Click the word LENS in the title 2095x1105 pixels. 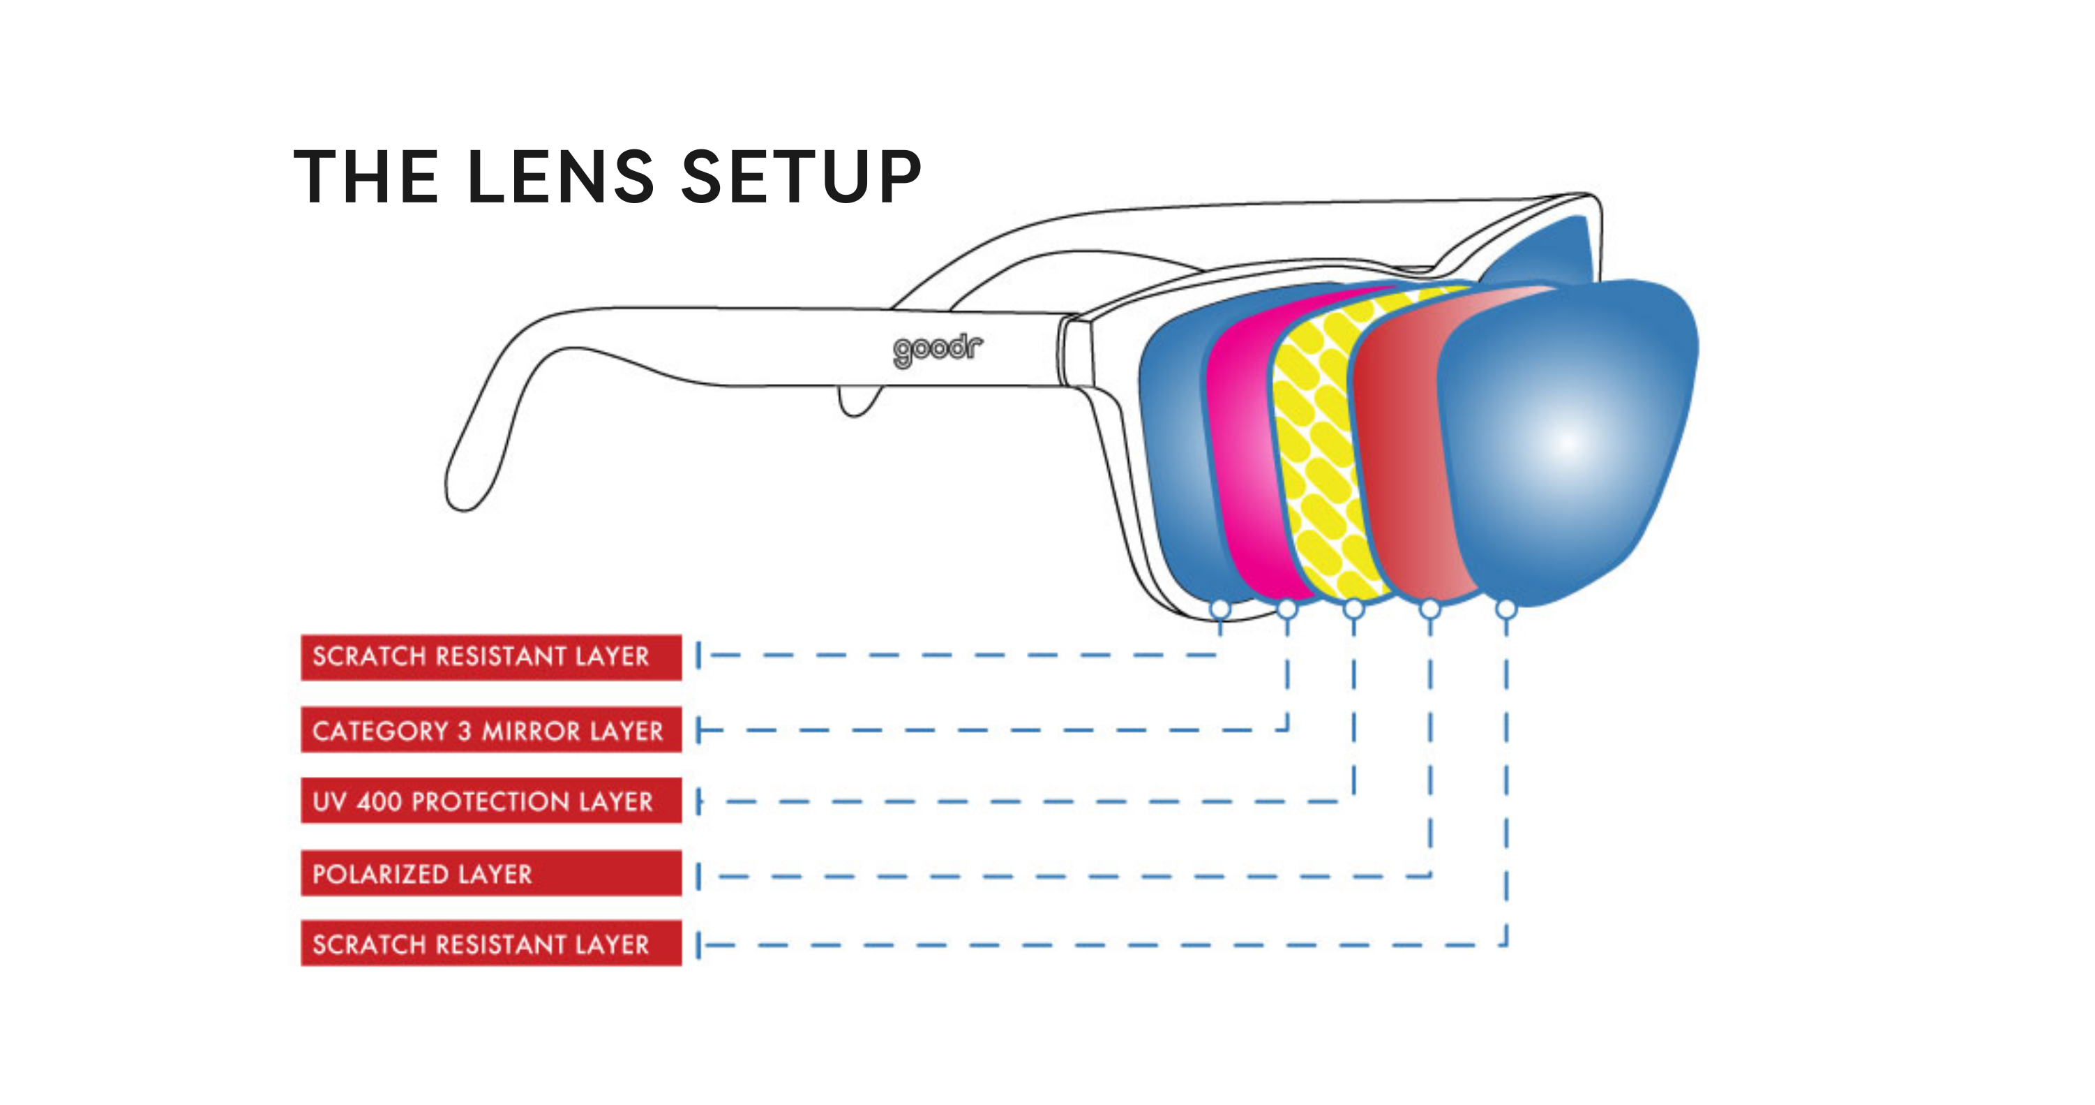pyautogui.click(x=561, y=177)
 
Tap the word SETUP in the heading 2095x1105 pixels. pyautogui.click(x=801, y=177)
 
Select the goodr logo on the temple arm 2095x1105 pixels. pyautogui.click(x=937, y=350)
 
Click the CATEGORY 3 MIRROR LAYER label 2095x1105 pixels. pyautogui.click(x=490, y=730)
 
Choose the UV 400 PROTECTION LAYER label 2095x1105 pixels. pyautogui.click(x=490, y=801)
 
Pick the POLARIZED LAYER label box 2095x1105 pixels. pyautogui.click(x=490, y=873)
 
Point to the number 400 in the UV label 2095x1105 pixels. pyautogui.click(x=379, y=802)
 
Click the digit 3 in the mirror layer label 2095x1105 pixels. pyautogui.click(x=465, y=731)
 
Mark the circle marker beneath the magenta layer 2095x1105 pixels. pyautogui.click(x=1286, y=609)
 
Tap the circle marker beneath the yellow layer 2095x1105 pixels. pyautogui.click(x=1353, y=609)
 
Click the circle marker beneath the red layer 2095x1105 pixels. pyautogui.click(x=1429, y=609)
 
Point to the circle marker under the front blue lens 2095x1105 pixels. pyautogui.click(x=1506, y=609)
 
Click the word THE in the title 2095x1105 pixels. pyautogui.click(x=366, y=177)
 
